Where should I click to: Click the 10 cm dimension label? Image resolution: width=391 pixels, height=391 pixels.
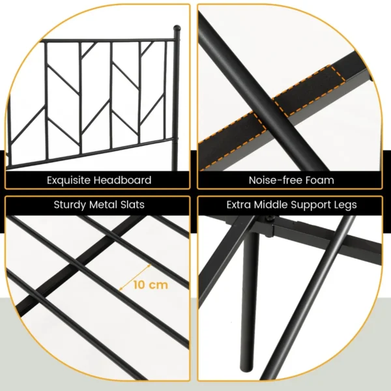151,285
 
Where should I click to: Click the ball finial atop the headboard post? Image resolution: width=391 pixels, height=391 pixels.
176,29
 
